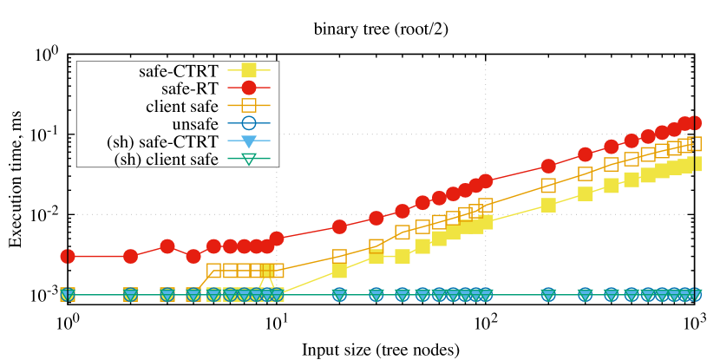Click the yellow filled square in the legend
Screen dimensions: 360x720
click(249, 70)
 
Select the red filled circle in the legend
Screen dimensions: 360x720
click(249, 88)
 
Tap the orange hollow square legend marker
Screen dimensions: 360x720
click(249, 105)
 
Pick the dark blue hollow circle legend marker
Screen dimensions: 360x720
click(249, 123)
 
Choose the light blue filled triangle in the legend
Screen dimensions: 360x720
click(249, 141)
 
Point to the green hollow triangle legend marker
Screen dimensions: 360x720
click(249, 159)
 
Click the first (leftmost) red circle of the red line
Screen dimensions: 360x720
click(68, 256)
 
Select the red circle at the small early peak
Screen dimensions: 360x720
click(167, 246)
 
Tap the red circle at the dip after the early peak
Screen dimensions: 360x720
click(193, 256)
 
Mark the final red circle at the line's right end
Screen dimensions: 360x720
click(694, 122)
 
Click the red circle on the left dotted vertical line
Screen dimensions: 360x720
click(277, 238)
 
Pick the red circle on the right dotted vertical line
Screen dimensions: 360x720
click(486, 180)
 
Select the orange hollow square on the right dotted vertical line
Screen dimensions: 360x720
click(486, 205)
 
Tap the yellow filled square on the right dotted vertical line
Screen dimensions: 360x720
click(486, 222)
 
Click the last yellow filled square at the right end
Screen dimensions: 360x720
click(694, 163)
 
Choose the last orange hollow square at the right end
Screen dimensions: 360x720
click(694, 143)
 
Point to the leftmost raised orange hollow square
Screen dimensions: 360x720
click(214, 270)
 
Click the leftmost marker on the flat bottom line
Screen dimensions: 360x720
click(68, 294)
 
